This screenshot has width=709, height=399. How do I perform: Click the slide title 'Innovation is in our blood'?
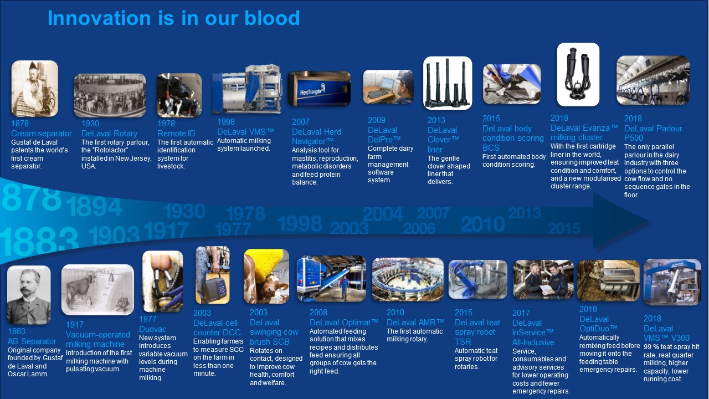tap(174, 18)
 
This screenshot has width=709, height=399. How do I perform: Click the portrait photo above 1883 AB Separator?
tap(29, 295)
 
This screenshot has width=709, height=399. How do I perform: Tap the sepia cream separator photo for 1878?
tap(35, 89)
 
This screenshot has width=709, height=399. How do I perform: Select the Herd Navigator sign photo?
tap(319, 89)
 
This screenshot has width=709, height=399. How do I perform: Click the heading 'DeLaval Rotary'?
tap(109, 134)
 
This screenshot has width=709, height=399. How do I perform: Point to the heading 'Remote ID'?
tap(176, 134)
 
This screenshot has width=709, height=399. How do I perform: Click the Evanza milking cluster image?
tap(578, 74)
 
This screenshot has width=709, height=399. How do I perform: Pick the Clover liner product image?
tap(448, 83)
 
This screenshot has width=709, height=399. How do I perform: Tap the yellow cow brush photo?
tap(266, 276)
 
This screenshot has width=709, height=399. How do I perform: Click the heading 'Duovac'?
tap(152, 329)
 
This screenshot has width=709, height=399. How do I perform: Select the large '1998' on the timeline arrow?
tap(300, 223)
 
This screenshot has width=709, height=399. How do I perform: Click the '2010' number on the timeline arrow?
tap(482, 224)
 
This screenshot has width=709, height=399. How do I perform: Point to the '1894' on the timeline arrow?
tap(94, 207)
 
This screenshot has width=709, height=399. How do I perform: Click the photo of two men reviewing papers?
tap(543, 280)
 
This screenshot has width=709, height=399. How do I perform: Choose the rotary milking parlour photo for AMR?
tap(408, 279)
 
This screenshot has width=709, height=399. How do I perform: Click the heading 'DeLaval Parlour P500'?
tap(653, 133)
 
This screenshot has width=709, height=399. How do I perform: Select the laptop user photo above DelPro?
tap(388, 87)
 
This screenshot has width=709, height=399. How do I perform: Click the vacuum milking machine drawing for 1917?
tap(97, 290)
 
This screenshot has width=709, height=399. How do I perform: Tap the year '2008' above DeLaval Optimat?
tap(318, 312)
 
